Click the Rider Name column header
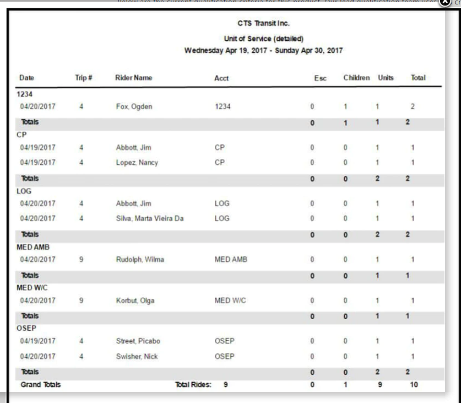point(133,78)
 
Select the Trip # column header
point(83,78)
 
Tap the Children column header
point(356,78)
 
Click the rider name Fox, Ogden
point(134,106)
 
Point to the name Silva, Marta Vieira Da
point(149,218)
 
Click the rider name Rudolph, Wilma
point(140,259)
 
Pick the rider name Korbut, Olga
point(135,300)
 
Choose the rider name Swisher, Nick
point(137,357)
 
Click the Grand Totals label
point(41,385)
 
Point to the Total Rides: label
point(193,385)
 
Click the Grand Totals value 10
point(414,385)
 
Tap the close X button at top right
point(444,3)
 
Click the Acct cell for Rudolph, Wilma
point(230,259)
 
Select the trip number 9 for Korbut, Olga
point(82,300)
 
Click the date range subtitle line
point(263,50)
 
